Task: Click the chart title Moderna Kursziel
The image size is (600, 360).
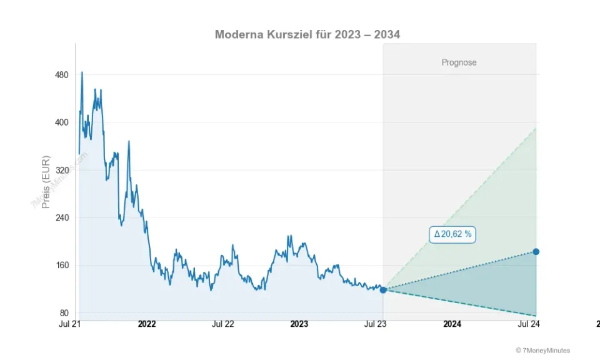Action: (x=307, y=34)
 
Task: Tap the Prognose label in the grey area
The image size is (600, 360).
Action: (x=459, y=62)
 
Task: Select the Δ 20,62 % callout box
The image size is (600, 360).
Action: (x=453, y=234)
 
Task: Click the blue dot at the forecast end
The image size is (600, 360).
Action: (x=536, y=252)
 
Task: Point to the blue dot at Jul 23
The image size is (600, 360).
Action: (x=383, y=290)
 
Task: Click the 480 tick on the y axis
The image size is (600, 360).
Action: (x=61, y=75)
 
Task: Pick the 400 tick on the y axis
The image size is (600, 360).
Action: (x=61, y=122)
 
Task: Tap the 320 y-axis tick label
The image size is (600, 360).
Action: (x=61, y=170)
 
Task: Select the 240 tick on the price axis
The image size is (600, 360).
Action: (x=61, y=217)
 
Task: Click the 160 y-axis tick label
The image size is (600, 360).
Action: (x=61, y=266)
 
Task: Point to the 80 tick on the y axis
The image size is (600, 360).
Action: (x=63, y=313)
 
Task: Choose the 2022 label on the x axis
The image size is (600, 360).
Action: (x=147, y=324)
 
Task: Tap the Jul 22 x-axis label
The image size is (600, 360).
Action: (x=223, y=324)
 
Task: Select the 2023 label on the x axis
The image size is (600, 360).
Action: (x=299, y=324)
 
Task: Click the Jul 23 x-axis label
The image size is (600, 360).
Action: (x=376, y=324)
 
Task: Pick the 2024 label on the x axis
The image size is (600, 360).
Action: (x=452, y=324)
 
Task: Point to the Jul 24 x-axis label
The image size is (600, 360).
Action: (x=528, y=324)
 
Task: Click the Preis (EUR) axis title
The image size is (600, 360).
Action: (x=46, y=182)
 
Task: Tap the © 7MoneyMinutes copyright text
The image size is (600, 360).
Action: (x=542, y=351)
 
